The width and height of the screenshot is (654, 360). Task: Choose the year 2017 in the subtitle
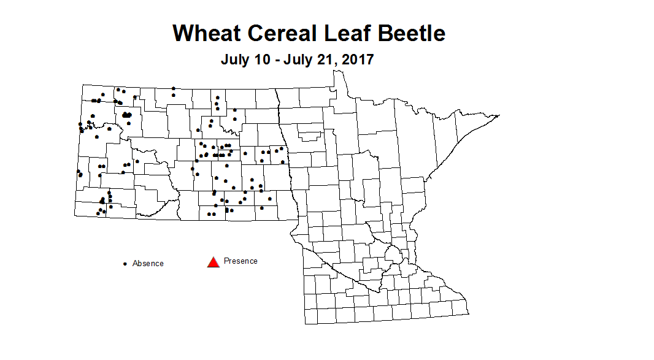(356, 60)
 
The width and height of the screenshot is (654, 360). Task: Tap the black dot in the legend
(125, 264)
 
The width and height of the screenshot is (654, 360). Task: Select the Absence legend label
(148, 264)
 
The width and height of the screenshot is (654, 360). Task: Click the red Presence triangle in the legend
(213, 262)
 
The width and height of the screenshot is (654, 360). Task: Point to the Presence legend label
(240, 261)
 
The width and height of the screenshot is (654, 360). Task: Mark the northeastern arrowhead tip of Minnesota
(500, 115)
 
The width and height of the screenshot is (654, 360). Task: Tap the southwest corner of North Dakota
(75, 216)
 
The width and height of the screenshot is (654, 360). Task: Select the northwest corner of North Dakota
(83, 85)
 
